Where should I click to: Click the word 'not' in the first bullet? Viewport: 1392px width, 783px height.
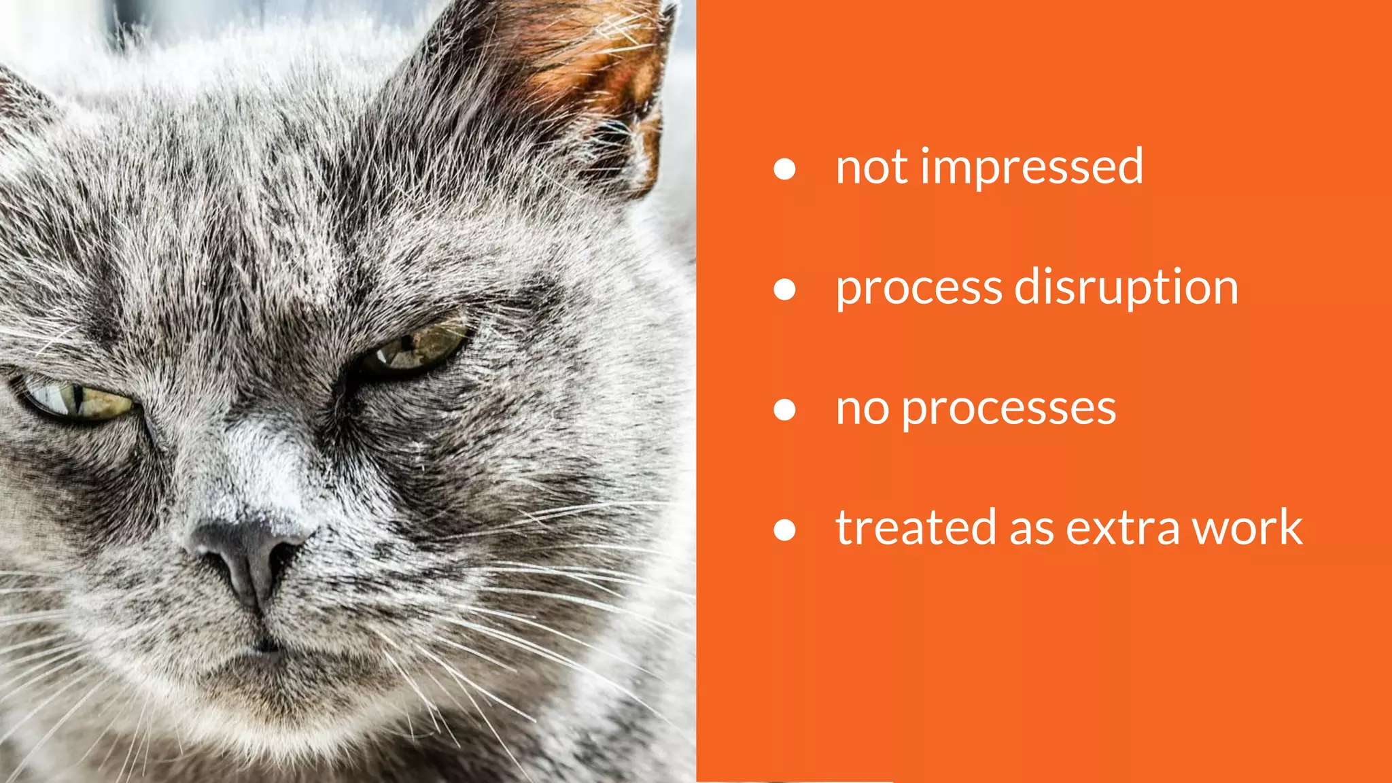[871, 167]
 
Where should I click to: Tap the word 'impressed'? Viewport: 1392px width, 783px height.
[1032, 167]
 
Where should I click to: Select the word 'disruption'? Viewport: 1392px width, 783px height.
[1126, 288]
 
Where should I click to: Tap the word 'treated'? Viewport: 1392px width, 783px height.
[916, 528]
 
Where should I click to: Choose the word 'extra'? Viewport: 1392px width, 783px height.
[1122, 529]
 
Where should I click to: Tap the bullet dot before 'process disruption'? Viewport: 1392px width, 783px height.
[784, 290]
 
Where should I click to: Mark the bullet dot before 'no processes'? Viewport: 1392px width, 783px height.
[784, 410]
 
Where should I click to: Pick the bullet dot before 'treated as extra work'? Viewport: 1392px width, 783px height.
[784, 530]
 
